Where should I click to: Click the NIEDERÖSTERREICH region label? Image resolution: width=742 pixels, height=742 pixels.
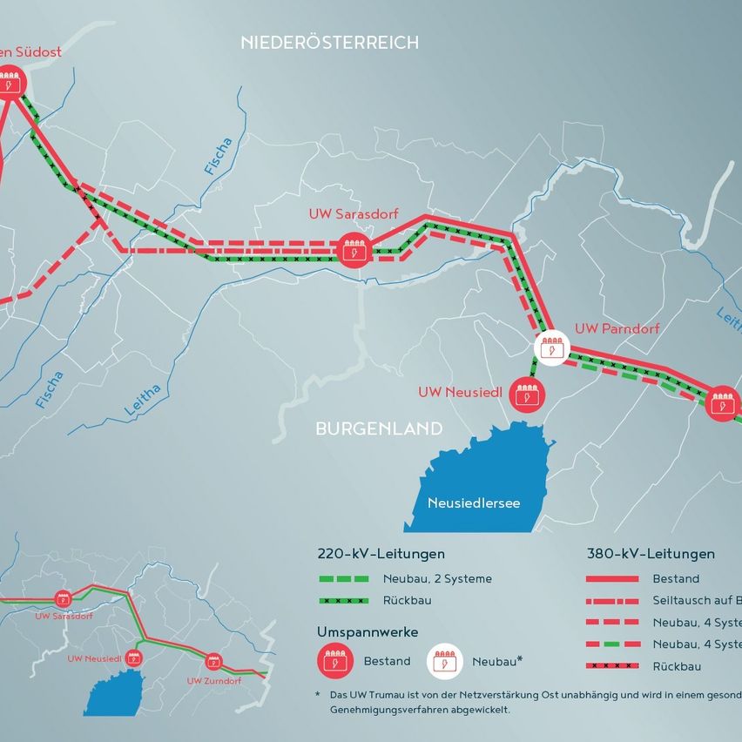[329, 42]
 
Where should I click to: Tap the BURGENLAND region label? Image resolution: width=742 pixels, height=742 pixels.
[379, 428]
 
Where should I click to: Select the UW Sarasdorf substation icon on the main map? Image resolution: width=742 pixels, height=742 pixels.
[355, 251]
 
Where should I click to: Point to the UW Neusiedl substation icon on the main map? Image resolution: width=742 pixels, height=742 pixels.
[525, 393]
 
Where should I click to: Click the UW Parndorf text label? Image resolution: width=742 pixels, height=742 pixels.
[617, 329]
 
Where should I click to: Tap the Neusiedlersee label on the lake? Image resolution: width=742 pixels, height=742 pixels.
[474, 503]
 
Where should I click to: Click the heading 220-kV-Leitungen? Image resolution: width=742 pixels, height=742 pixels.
[381, 554]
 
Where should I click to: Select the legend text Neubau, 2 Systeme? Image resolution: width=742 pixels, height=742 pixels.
[437, 578]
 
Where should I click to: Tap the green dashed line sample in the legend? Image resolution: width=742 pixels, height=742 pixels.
[345, 578]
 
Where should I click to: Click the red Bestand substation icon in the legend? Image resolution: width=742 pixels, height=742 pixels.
[333, 661]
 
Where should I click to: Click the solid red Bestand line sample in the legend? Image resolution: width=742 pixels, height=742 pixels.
[614, 578]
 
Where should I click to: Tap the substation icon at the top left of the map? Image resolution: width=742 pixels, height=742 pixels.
[10, 84]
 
